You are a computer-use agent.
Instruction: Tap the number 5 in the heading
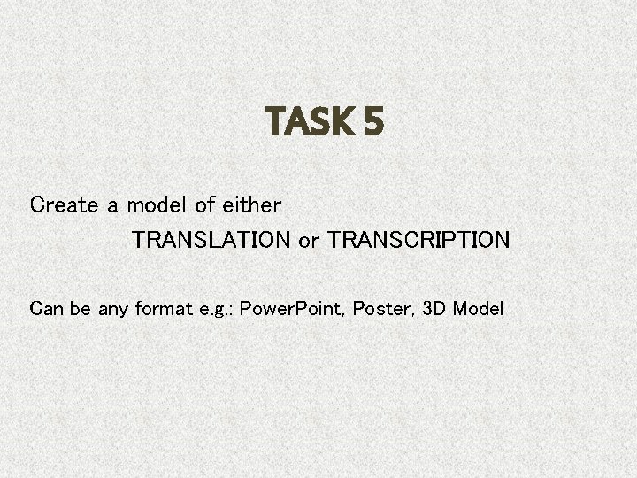point(372,122)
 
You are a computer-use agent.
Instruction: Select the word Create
point(65,205)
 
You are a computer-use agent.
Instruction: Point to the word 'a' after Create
point(112,206)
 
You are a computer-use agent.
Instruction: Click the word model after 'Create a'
point(157,205)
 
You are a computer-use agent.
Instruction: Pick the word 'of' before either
point(204,205)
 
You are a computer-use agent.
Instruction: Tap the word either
point(251,205)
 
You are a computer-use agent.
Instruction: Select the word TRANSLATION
point(211,240)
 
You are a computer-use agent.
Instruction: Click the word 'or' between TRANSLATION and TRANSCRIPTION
point(309,241)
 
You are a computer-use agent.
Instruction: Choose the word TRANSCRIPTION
point(418,240)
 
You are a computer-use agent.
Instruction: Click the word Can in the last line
point(46,309)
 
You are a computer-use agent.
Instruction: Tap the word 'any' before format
point(112,310)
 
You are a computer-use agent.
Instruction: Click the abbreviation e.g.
point(214,311)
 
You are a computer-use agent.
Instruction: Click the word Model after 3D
point(478,309)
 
